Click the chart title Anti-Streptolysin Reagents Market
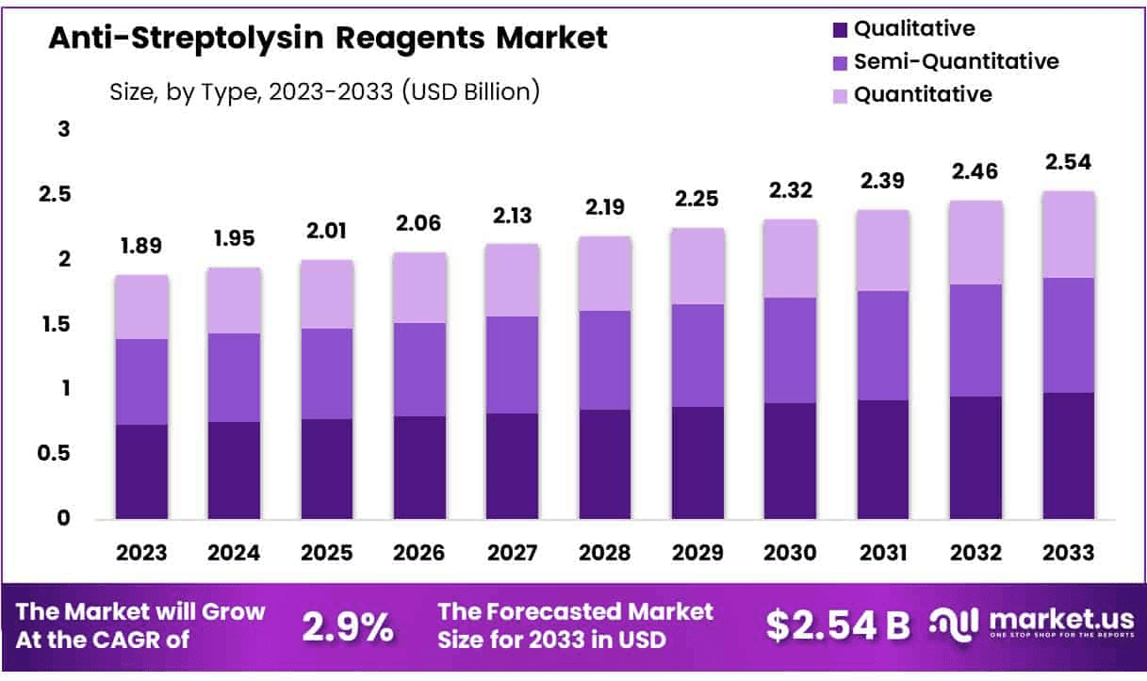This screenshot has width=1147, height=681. point(328,39)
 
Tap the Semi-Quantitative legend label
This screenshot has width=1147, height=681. point(956,62)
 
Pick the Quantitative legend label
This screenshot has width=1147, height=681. point(922,94)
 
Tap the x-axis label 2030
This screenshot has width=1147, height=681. point(791,553)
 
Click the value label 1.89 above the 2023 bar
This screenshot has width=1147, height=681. point(141,247)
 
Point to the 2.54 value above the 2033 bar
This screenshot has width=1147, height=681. point(1069,162)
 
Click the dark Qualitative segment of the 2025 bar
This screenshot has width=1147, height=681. point(327,468)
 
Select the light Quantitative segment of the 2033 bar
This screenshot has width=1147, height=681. point(1069,235)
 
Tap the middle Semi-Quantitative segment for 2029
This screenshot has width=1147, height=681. point(698,355)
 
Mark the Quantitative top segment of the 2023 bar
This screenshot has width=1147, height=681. point(141,307)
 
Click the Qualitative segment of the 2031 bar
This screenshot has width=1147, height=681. point(883,459)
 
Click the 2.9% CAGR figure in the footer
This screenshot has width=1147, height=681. point(348,626)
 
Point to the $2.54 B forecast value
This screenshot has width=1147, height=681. point(838,624)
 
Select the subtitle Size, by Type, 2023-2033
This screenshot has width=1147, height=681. point(324,92)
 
